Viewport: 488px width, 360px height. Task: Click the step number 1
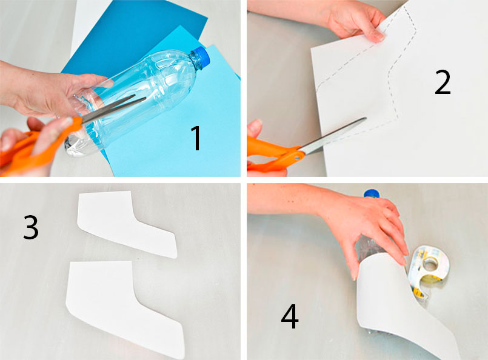point(196,138)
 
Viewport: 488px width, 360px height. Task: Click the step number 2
point(443,82)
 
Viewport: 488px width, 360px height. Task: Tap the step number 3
point(31,227)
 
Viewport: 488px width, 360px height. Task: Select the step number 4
point(290,316)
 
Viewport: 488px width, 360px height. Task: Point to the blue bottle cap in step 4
point(372,193)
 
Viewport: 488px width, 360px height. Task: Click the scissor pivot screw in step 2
point(297,158)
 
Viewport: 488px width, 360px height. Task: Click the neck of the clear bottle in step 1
point(195,61)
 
